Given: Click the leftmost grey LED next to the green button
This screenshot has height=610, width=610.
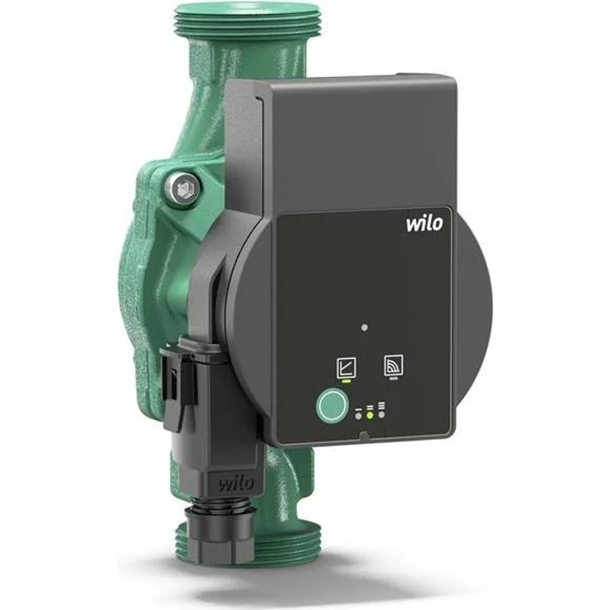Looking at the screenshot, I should click(x=357, y=414).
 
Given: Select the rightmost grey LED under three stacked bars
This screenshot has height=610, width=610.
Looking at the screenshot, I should click(x=381, y=414).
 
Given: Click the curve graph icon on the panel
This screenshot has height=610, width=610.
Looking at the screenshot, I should click(x=344, y=366).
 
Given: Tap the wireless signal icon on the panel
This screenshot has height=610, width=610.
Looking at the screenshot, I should click(x=394, y=366).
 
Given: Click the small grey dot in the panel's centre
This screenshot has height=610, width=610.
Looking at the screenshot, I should click(x=365, y=328).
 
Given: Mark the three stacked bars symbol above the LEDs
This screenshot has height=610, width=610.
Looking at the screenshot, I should click(x=381, y=405).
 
